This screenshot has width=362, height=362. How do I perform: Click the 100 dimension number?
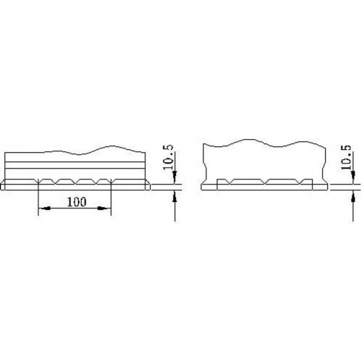pyautogui.click(x=77, y=202)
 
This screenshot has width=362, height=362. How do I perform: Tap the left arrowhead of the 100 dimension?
pyautogui.click(x=45, y=209)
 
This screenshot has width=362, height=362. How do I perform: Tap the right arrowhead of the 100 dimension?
pyautogui.click(x=104, y=209)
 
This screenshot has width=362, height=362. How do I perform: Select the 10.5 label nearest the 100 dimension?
pyautogui.click(x=169, y=157)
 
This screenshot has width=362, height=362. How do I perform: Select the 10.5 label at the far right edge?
pyautogui.click(x=347, y=157)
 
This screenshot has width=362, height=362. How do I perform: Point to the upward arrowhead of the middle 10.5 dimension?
pyautogui.click(x=174, y=197)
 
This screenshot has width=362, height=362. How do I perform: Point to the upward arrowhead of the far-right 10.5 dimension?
pyautogui.click(x=353, y=197)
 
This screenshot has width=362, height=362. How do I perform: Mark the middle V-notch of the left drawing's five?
pyautogui.click(x=76, y=182)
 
